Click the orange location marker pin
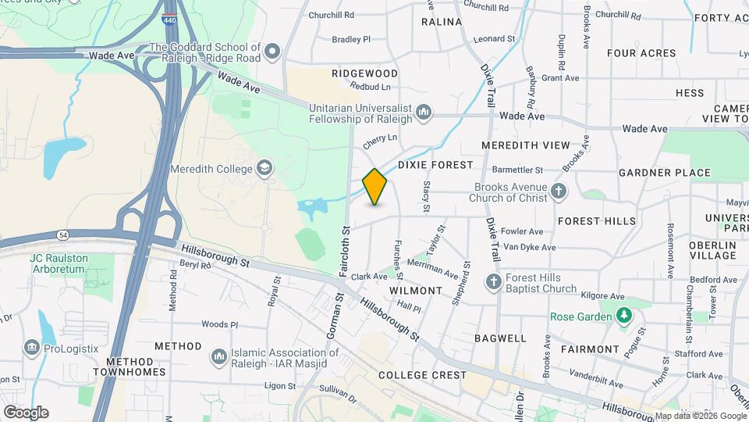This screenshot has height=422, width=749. [x=374, y=187]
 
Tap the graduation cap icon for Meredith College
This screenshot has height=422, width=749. [x=264, y=169]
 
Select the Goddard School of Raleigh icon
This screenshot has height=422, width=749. [x=272, y=52]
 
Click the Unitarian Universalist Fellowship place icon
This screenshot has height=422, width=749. [x=424, y=112]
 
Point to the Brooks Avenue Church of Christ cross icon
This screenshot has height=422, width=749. [x=558, y=191]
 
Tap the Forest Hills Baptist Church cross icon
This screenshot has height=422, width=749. [x=493, y=281]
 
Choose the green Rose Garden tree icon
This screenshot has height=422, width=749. [x=623, y=316]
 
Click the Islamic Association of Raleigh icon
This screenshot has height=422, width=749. [x=219, y=357]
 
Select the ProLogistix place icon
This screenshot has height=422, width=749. [x=31, y=346]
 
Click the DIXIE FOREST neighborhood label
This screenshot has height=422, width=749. [x=435, y=165]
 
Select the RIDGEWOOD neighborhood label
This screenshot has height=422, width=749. [x=364, y=73]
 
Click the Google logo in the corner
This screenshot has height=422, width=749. [x=26, y=413]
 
